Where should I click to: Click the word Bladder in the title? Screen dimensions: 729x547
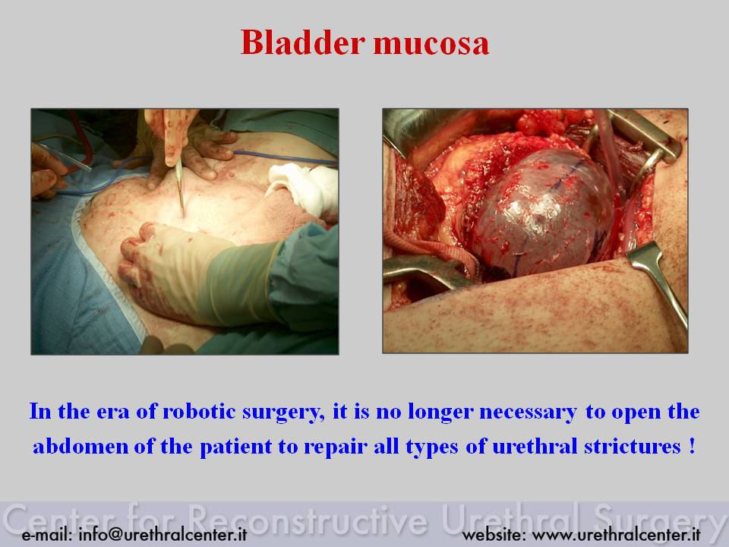303,43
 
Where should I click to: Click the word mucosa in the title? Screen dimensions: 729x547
431,44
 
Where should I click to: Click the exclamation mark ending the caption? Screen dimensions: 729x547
692,446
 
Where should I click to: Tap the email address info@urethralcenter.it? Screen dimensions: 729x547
163,534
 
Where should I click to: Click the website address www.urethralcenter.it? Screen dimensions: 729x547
616,534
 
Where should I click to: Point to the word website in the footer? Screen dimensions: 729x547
494,534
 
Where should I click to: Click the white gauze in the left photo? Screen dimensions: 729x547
305,188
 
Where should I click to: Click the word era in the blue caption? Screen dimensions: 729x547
113,413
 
